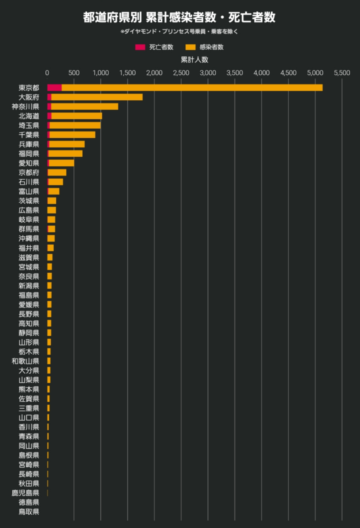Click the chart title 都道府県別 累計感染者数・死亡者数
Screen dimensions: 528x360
(180, 18)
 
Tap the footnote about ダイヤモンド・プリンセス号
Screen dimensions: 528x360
(180, 32)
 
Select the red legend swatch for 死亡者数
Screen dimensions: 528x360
(140, 47)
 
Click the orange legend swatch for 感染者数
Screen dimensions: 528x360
(191, 47)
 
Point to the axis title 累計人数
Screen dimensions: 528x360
(194, 59)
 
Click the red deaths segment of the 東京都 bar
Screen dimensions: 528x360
(54, 88)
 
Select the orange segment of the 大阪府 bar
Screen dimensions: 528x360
(97, 97)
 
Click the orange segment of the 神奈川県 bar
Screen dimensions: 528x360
(84, 106)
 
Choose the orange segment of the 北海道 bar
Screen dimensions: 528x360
(77, 116)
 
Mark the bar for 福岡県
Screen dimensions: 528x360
(65, 154)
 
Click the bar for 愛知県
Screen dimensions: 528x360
(61, 163)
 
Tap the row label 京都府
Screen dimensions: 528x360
(29, 172)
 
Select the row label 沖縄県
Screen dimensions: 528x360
(29, 238)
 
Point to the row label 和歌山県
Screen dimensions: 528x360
(26, 361)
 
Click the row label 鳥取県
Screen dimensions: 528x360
(29, 512)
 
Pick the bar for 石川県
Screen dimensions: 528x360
(55, 182)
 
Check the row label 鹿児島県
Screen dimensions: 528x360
(26, 493)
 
